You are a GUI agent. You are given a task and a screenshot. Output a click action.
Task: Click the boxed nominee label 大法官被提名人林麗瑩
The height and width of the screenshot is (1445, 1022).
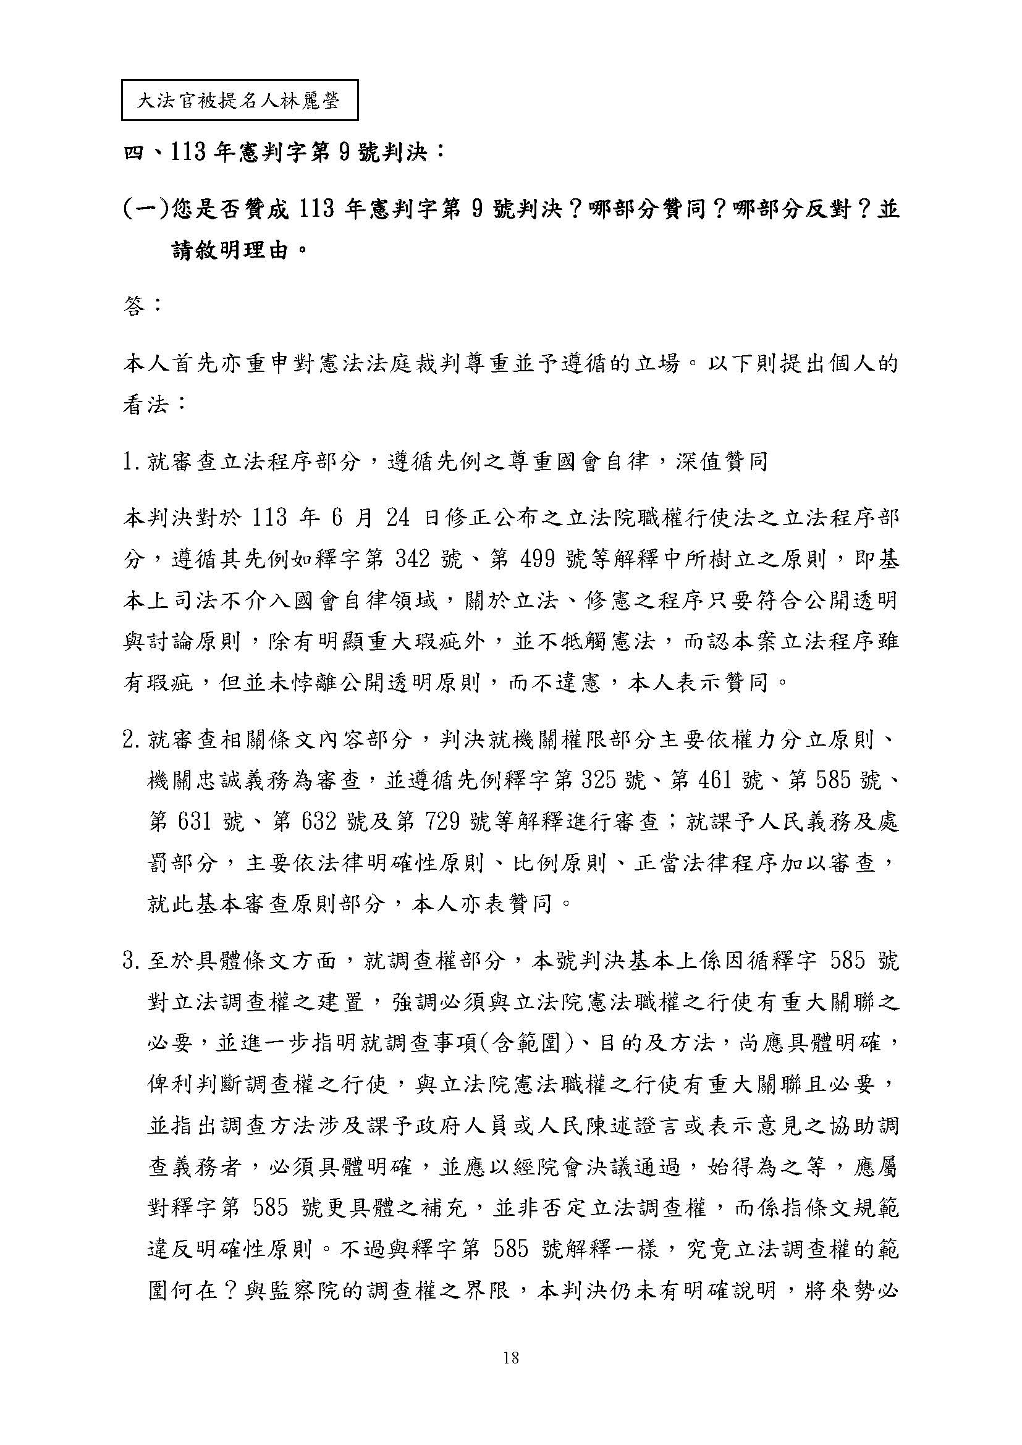239,100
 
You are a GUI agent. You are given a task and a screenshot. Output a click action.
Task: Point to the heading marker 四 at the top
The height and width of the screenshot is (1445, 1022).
133,153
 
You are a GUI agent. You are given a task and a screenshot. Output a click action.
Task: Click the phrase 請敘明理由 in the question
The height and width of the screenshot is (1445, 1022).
232,251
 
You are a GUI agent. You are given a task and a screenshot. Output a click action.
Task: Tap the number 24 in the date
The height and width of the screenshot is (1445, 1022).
397,518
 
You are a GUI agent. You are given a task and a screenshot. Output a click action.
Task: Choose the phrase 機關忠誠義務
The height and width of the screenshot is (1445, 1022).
208,781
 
